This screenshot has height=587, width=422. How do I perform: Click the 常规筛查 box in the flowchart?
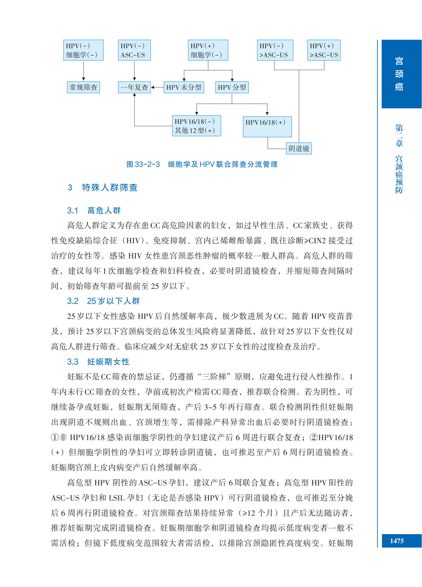pos(83,87)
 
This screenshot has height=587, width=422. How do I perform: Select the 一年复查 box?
pos(134,87)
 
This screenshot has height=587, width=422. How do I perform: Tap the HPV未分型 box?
pos(184,87)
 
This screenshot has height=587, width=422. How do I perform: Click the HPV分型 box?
pos(232,87)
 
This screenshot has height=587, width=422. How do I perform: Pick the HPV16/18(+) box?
pos(267,126)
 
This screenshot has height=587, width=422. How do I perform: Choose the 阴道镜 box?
pos(299,148)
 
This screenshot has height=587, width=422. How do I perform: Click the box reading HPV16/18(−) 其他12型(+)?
pos(196,126)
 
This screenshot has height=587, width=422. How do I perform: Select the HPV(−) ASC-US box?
pos(134,50)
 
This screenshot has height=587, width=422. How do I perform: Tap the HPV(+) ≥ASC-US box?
pos(324,50)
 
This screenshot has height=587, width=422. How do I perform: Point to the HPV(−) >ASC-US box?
pos(275,50)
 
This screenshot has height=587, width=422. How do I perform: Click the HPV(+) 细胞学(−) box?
pos(208,50)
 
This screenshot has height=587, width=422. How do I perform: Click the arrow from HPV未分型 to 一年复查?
pos(157,87)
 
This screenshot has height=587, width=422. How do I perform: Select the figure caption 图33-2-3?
pos(202,164)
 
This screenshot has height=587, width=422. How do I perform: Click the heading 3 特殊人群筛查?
pos(103,187)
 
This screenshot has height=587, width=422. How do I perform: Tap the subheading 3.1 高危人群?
pos(94,211)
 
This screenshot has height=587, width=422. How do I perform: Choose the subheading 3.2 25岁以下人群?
pos(103,301)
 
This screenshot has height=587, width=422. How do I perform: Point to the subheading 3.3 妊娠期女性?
pos(98,362)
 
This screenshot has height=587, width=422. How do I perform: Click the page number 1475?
pos(397,541)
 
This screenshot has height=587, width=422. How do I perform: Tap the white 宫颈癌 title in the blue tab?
pos(399,74)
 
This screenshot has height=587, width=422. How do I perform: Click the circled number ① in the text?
pos(55,437)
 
